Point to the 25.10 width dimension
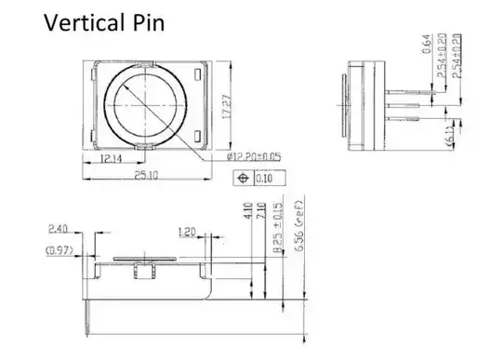tap(149, 175)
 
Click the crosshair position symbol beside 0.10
tap(244, 176)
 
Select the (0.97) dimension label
tap(58, 250)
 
